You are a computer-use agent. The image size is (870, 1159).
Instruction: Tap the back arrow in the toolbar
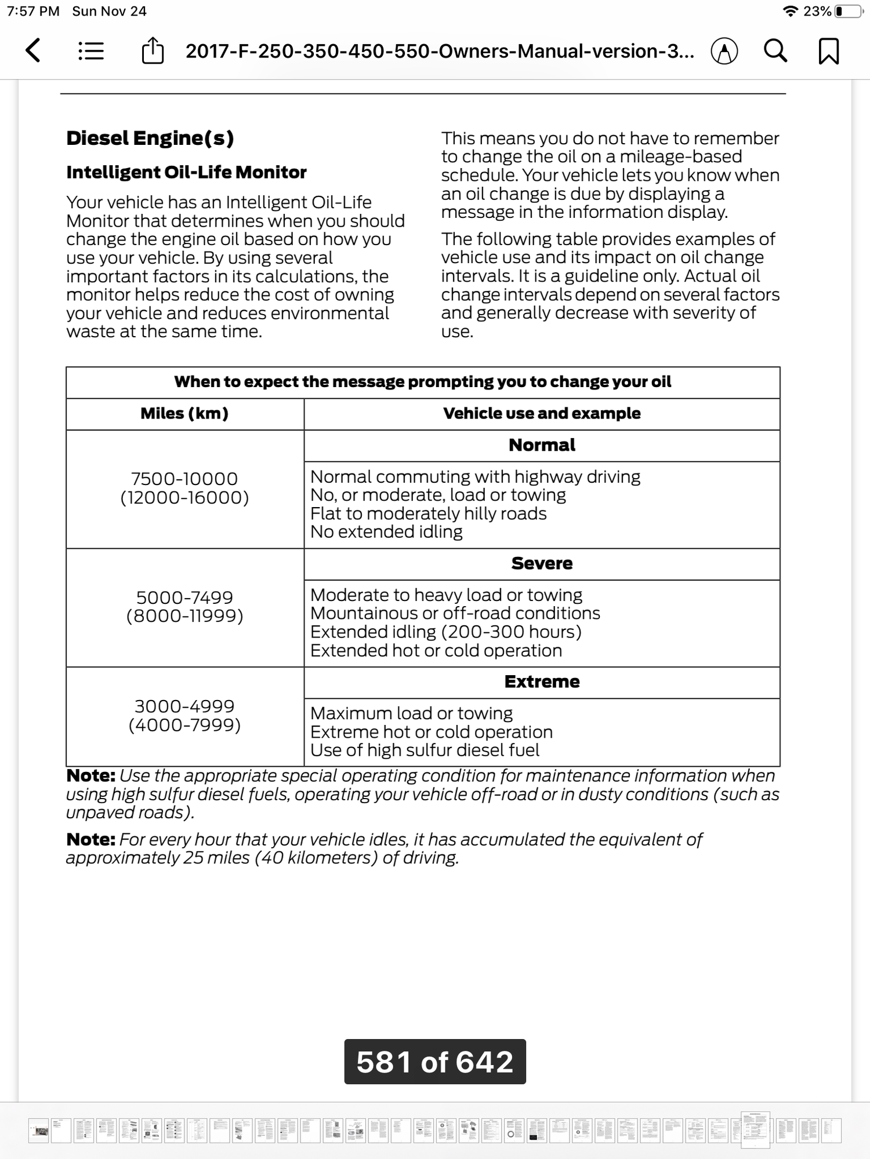pyautogui.click(x=34, y=50)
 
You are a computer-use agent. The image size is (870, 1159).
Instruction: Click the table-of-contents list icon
pyautogui.click(x=91, y=51)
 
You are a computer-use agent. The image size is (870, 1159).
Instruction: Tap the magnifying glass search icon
pyautogui.click(x=775, y=51)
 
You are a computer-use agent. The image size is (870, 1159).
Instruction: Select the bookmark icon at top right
pyautogui.click(x=828, y=51)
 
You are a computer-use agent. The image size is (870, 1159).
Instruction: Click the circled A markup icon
pyautogui.click(x=724, y=52)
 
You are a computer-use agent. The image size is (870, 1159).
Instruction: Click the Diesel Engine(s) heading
pyautogui.click(x=150, y=138)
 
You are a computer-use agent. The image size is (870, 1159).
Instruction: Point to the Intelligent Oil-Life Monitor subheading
pyautogui.click(x=186, y=172)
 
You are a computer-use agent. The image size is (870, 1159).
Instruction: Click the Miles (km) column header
pyautogui.click(x=184, y=413)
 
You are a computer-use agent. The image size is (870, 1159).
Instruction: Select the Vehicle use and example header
pyautogui.click(x=542, y=413)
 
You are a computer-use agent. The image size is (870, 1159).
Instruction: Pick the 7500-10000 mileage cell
pyautogui.click(x=184, y=488)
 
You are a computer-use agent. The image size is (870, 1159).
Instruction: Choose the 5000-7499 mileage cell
pyautogui.click(x=184, y=606)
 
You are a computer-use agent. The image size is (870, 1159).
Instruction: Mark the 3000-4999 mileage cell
pyautogui.click(x=184, y=715)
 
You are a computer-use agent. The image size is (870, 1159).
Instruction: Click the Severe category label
pyautogui.click(x=542, y=563)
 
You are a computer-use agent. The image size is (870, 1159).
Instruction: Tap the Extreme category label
pyautogui.click(x=542, y=681)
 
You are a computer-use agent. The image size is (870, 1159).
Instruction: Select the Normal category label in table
pyautogui.click(x=542, y=445)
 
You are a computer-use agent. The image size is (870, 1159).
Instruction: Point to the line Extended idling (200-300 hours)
pyautogui.click(x=445, y=632)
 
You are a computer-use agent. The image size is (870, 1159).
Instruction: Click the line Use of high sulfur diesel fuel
pyautogui.click(x=425, y=750)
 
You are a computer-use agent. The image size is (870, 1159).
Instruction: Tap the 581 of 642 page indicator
pyautogui.click(x=435, y=1062)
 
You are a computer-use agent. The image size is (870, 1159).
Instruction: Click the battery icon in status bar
pyautogui.click(x=848, y=11)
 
